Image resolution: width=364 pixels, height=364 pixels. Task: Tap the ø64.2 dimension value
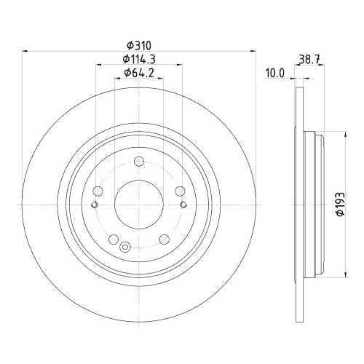[139, 72]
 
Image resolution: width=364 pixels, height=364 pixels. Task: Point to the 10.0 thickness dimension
[274, 72]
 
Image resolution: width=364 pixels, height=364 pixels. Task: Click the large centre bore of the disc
[139, 204]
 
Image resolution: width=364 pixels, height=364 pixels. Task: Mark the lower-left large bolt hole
[113, 240]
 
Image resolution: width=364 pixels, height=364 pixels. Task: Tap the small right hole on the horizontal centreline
[183, 204]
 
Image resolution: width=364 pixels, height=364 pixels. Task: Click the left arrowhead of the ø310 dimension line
[27, 50]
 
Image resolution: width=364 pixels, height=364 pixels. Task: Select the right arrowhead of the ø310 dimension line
[252, 50]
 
